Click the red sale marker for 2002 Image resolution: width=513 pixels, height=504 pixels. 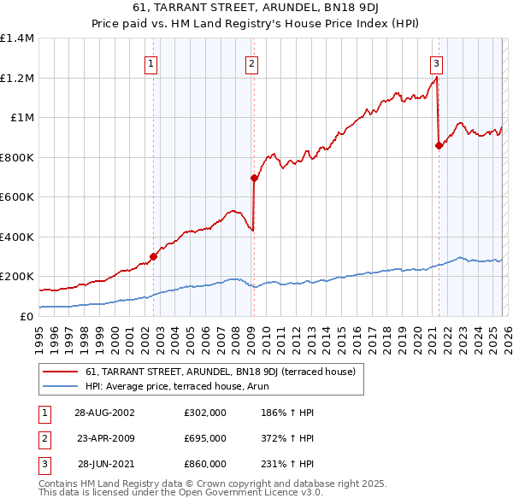tap(154, 256)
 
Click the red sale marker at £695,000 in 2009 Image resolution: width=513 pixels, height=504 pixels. tap(254, 179)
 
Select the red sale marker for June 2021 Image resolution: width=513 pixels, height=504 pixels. tap(439, 146)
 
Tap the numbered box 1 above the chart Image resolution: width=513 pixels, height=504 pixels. tap(151, 62)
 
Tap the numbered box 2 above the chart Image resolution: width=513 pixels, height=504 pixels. tap(252, 62)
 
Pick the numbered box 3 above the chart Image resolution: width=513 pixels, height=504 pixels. tap(436, 62)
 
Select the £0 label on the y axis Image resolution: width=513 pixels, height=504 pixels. tap(26, 316)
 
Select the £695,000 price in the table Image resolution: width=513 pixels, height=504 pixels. tap(205, 438)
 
